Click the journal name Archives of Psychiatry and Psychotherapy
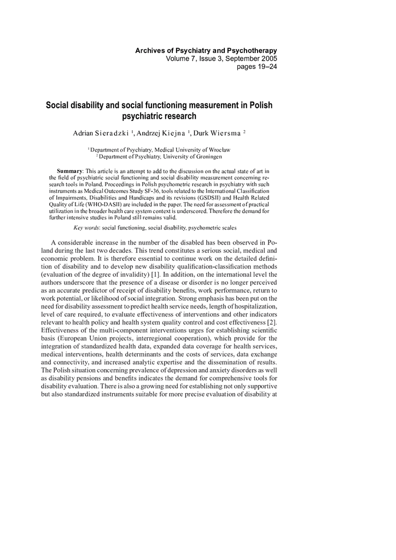click(206, 50)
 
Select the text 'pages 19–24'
click(257, 67)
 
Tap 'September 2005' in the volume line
click(248, 59)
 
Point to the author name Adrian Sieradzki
click(101, 133)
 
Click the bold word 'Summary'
click(69, 171)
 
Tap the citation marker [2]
click(272, 322)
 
